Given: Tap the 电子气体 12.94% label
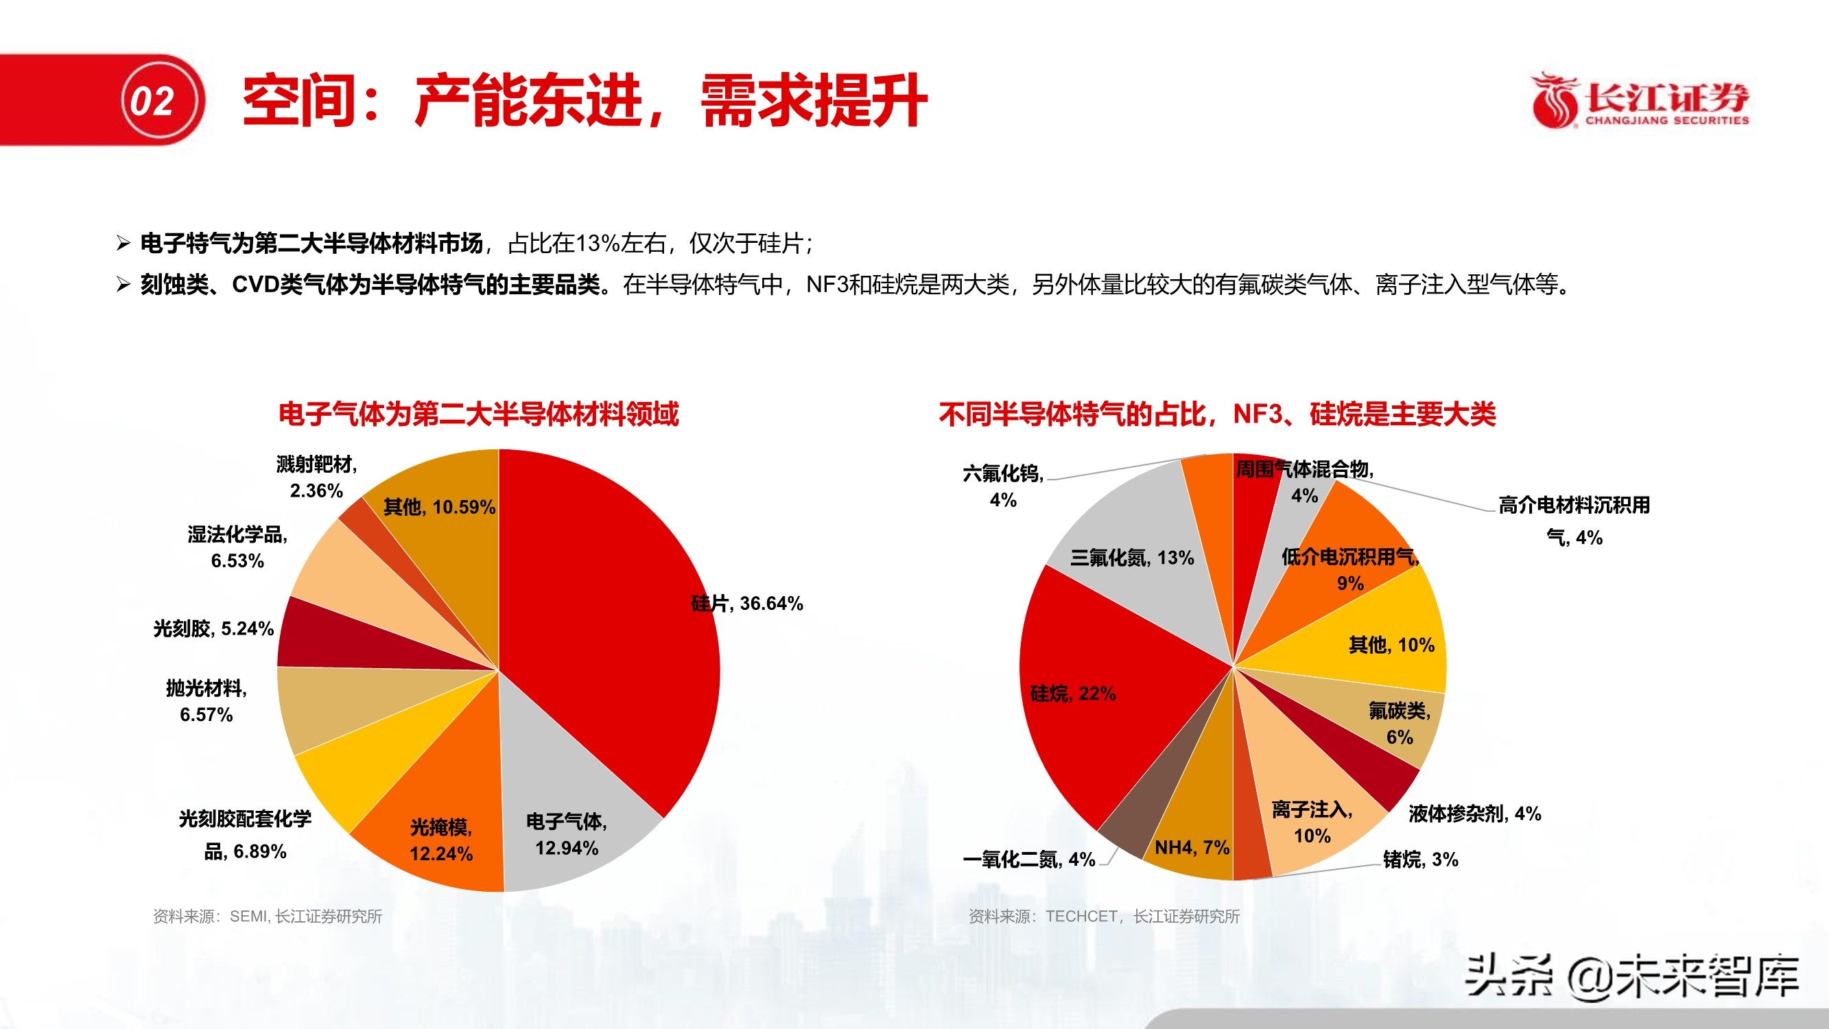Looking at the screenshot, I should (x=567, y=835).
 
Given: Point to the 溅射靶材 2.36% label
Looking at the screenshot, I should (x=317, y=477).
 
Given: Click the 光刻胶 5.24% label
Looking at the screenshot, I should (x=213, y=628).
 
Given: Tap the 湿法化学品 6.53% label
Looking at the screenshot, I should (x=237, y=547).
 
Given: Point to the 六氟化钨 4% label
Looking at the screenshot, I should (x=1003, y=486).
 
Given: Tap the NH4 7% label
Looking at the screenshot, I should (x=1192, y=847).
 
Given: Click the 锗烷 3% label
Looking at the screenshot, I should (x=1421, y=860).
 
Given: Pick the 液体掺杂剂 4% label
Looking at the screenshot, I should (x=1475, y=814).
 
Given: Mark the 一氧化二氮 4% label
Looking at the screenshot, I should (x=1029, y=860).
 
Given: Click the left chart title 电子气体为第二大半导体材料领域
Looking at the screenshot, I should (x=479, y=414).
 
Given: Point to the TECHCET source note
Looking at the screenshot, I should (x=1103, y=916).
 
